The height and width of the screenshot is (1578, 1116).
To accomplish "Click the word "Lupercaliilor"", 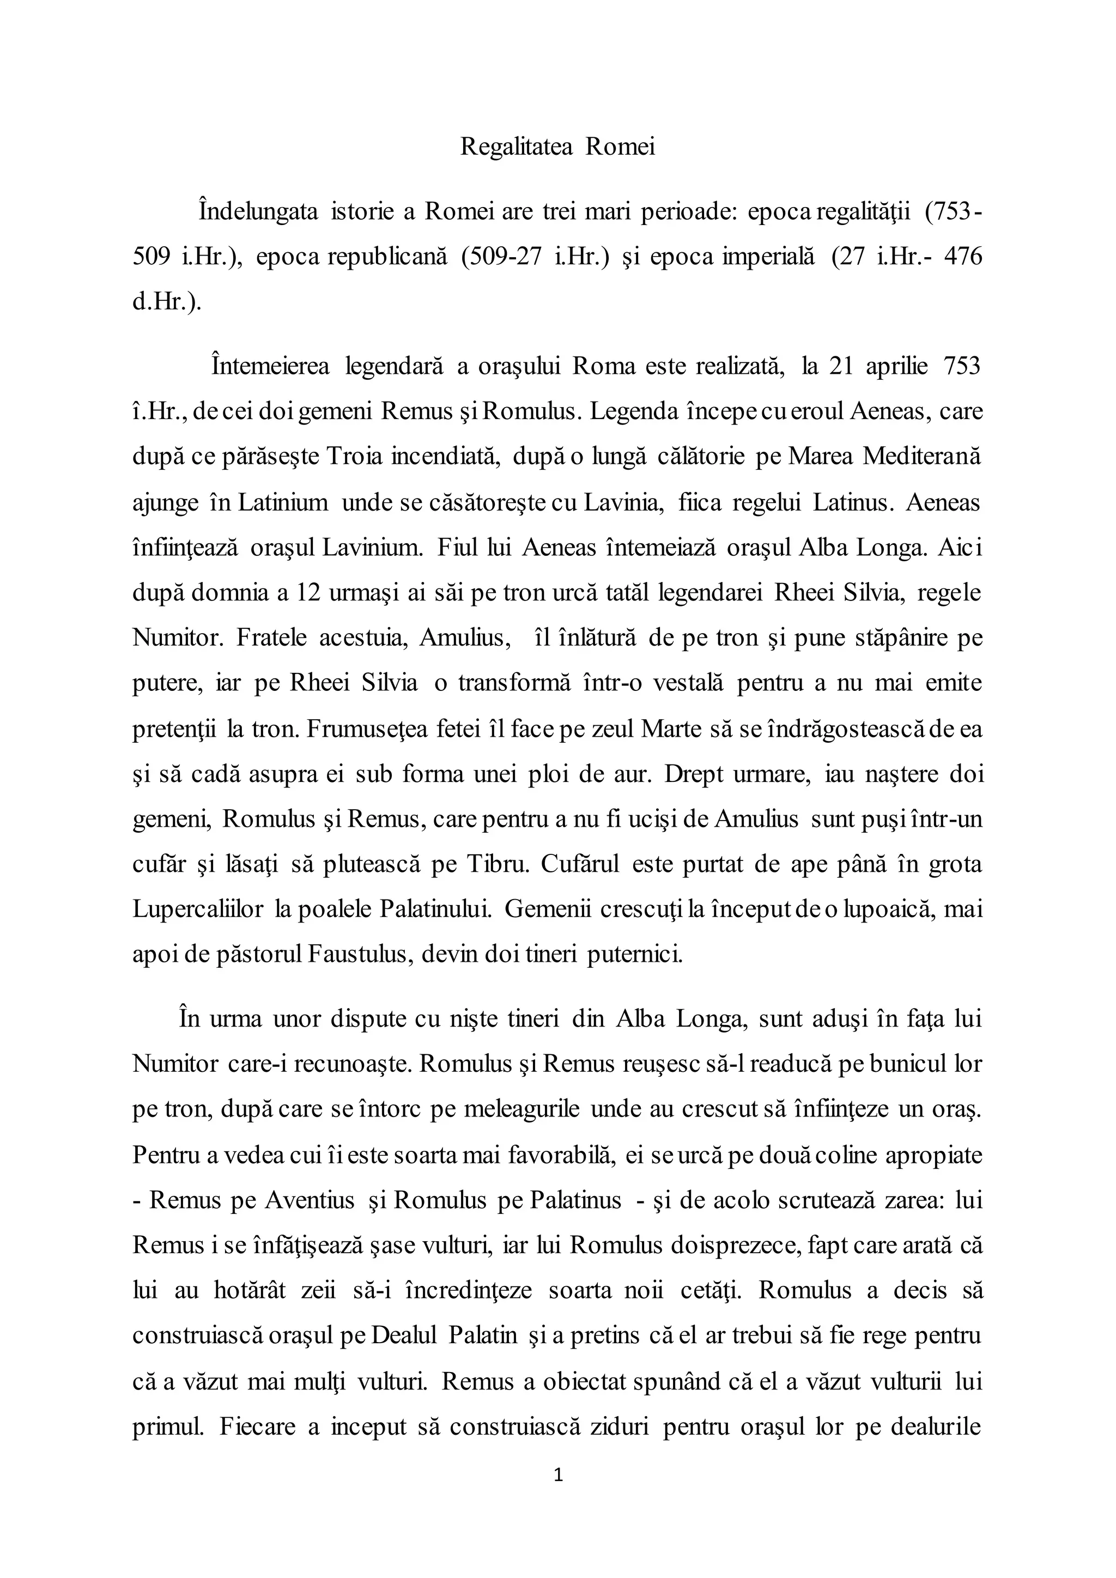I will point(198,910).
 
